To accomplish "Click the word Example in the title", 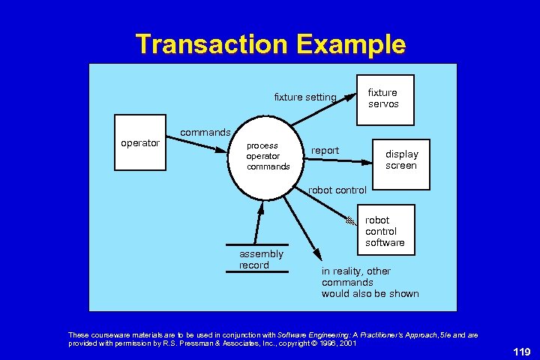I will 351,45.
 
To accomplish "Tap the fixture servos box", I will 382,98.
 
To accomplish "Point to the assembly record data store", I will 258,259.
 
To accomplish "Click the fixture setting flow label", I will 304,97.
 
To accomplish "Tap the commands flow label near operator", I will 205,132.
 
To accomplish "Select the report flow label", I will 325,151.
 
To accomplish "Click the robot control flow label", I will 337,190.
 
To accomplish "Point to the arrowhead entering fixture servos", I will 349,97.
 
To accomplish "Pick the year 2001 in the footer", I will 347,343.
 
